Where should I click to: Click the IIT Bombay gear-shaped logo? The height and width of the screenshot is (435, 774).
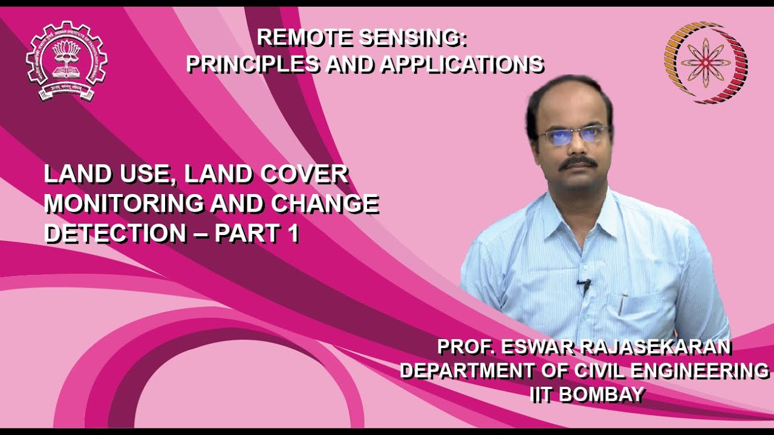[67, 61]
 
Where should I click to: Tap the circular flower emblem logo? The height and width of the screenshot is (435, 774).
[706, 62]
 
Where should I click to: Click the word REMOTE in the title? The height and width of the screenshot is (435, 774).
[305, 37]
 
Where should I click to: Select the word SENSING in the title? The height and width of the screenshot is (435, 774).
[413, 37]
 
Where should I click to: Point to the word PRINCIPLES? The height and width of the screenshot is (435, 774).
[253, 63]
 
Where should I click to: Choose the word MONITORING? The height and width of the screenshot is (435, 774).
[125, 204]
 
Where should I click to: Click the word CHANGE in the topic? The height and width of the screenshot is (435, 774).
[325, 204]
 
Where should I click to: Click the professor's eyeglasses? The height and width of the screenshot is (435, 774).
[573, 134]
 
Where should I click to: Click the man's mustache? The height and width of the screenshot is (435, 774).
[577, 162]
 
